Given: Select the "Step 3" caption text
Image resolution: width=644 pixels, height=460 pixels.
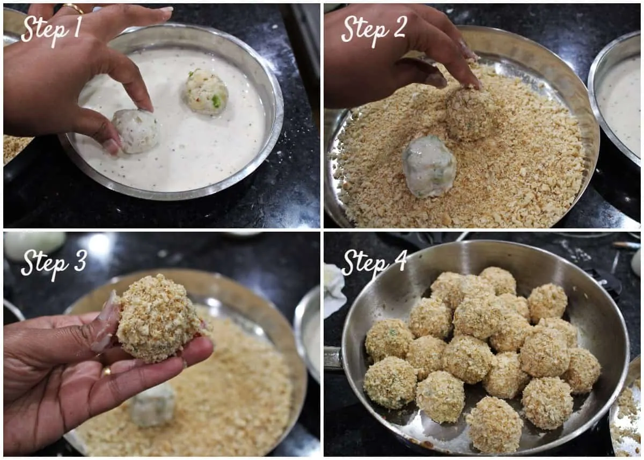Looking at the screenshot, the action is (x=53, y=264).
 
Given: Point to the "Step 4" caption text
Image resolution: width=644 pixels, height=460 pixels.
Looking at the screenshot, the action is (x=374, y=264).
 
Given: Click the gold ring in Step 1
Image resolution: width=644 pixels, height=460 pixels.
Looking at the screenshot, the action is (x=73, y=9).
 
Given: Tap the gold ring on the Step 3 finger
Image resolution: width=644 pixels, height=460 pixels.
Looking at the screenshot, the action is (x=106, y=372).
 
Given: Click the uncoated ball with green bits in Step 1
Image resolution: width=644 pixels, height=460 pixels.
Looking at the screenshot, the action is (x=206, y=92).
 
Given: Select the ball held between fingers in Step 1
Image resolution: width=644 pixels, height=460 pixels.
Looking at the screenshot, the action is (x=136, y=131).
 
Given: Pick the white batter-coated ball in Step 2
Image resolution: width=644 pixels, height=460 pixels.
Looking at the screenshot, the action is (x=429, y=167).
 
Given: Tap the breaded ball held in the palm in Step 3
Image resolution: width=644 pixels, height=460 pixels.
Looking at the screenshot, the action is (x=161, y=318).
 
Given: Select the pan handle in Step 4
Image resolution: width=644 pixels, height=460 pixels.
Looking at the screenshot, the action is (x=333, y=358).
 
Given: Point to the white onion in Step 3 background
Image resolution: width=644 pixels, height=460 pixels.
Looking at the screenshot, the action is (x=34, y=246).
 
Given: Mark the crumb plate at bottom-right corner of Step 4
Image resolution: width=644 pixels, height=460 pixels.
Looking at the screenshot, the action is (x=627, y=413).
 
